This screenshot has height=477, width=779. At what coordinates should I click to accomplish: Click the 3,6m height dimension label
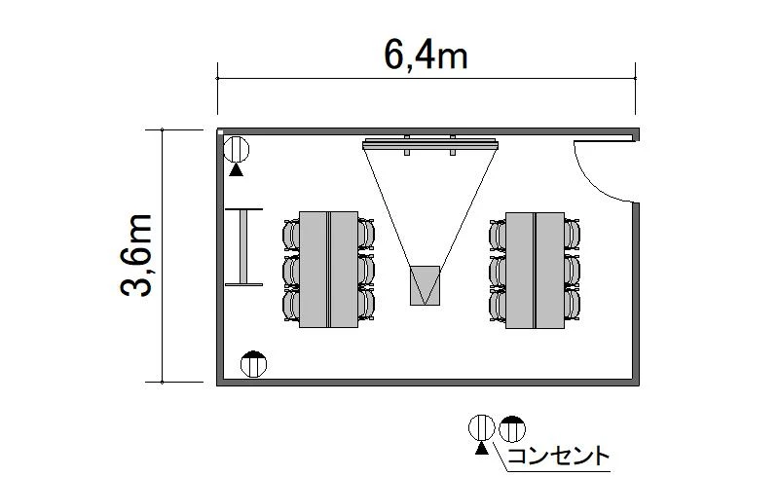pyautogui.click(x=136, y=255)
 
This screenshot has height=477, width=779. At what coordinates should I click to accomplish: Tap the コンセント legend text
pyautogui.click(x=558, y=456)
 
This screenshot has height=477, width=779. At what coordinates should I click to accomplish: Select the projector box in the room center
pyautogui.click(x=425, y=285)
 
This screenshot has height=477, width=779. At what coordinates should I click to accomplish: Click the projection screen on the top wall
pyautogui.click(x=430, y=145)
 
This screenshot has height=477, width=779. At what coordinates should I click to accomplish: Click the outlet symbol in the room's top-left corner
pyautogui.click(x=236, y=149)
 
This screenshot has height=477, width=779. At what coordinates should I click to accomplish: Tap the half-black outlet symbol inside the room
pyautogui.click(x=253, y=364)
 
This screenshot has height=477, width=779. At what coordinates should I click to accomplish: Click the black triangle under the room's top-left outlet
pyautogui.click(x=237, y=170)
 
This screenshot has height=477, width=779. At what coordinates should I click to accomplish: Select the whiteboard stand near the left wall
pyautogui.click(x=244, y=247)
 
